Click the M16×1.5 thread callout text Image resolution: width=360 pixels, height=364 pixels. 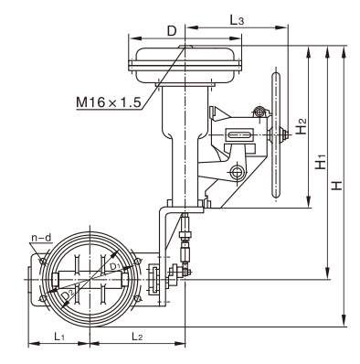[109, 102]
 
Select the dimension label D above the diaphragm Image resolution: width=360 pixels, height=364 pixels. [172, 31]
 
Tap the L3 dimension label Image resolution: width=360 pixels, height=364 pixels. [237, 21]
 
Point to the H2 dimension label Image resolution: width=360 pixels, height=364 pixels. [302, 126]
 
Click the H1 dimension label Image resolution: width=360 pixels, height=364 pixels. [321, 162]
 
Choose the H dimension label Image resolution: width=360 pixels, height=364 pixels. [337, 186]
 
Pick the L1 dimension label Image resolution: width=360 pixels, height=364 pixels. [59, 337]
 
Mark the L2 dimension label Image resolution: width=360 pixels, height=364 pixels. [137, 337]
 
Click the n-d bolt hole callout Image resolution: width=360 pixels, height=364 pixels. [41, 238]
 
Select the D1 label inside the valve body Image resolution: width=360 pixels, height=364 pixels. [116, 266]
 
